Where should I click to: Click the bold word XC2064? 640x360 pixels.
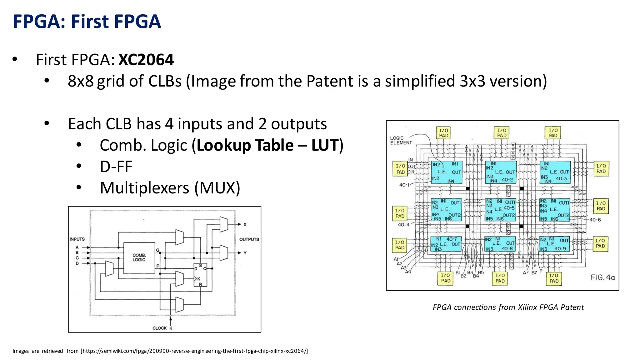[x=146, y=60]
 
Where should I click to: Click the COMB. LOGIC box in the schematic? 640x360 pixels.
[x=139, y=258]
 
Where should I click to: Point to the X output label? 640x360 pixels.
[x=245, y=224]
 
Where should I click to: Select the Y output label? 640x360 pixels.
[x=245, y=253]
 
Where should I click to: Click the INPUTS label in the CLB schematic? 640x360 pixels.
[x=77, y=239]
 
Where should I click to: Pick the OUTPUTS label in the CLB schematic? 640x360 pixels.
[x=249, y=239]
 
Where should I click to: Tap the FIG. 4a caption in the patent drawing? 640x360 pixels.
[x=602, y=277]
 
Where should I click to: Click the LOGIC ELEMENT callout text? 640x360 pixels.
[x=401, y=140]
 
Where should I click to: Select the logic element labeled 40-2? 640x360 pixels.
[x=501, y=172]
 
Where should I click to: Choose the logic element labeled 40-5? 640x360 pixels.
[x=500, y=210]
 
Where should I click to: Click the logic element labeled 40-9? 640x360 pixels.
[x=554, y=244]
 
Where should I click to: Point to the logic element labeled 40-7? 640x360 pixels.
[x=446, y=244]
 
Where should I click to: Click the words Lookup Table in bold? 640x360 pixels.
[x=245, y=145]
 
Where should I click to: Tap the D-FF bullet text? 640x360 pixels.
[x=116, y=167]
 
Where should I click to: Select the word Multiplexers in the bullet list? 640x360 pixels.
[x=145, y=188]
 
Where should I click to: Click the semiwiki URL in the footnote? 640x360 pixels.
[x=194, y=351]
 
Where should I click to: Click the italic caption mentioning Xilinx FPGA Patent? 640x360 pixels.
[x=508, y=307]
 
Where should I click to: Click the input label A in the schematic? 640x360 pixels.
[x=77, y=247]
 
